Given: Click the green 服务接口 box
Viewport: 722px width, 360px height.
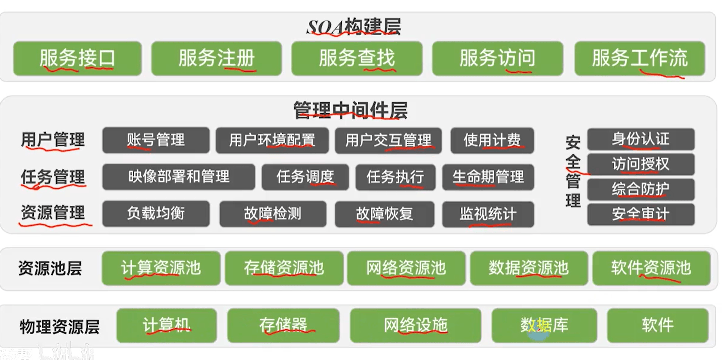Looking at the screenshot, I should click(77, 58).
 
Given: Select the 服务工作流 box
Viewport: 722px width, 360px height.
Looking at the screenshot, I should click(639, 58).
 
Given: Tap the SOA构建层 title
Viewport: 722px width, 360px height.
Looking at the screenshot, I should click(354, 27).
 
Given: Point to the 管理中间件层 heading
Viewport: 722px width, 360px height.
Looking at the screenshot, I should click(350, 110).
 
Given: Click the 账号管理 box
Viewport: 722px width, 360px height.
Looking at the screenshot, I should click(156, 140).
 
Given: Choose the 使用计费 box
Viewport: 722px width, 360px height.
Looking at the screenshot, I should click(492, 140).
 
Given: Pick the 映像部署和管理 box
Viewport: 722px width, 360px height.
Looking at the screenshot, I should click(179, 177).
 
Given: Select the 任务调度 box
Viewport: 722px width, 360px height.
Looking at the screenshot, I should click(305, 177).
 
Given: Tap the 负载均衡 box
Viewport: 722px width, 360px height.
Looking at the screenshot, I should click(156, 214).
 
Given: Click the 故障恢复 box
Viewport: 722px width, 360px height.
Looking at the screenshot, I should click(384, 214).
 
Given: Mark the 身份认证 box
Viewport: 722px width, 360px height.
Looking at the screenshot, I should click(640, 139).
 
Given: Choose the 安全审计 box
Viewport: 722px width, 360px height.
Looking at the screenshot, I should click(640, 214).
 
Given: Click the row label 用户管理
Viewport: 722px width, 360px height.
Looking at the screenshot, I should click(53, 140).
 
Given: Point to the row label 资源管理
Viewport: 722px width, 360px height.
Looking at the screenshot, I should click(53, 213).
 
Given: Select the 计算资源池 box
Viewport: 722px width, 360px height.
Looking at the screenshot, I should click(161, 268).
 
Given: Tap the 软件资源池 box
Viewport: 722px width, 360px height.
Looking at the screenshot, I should click(651, 268).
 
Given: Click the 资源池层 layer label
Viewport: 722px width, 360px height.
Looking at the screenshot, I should click(50, 269).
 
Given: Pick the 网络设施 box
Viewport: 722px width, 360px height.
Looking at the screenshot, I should click(415, 325).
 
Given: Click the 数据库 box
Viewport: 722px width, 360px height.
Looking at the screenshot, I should click(544, 325).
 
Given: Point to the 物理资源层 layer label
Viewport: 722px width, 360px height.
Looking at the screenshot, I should click(60, 327).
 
